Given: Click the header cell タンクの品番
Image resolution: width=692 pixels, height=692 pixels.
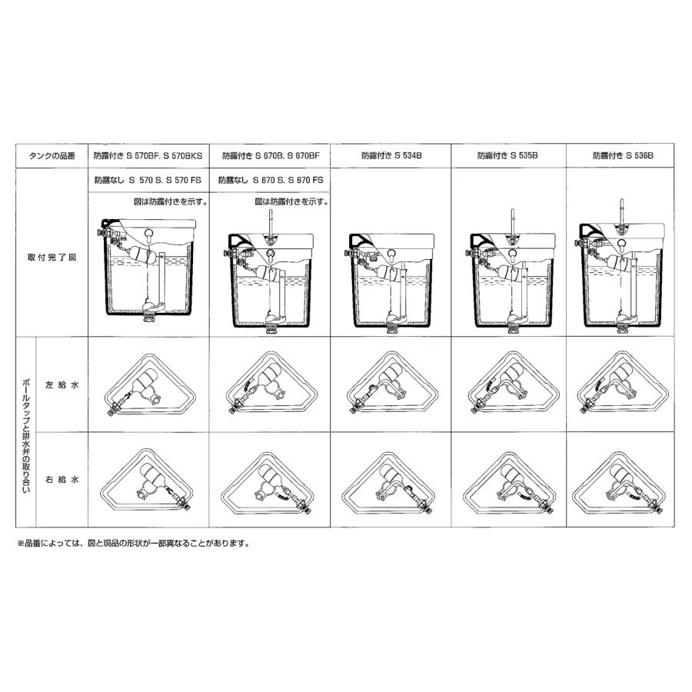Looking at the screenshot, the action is (x=52, y=156).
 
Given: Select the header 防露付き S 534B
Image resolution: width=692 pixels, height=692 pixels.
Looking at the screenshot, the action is (x=391, y=155).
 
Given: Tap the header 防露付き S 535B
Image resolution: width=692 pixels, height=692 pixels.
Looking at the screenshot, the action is (x=507, y=155).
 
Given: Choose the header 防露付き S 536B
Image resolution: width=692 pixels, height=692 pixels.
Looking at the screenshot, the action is (x=623, y=155).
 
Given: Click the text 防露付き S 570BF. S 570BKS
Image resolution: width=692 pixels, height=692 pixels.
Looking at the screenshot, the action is (x=148, y=155).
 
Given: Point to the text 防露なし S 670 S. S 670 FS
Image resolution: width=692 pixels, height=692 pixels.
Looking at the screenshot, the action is (x=271, y=180).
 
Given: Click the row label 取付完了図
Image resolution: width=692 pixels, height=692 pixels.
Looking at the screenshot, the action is (x=52, y=258).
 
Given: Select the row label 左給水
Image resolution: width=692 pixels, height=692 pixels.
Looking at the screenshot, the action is (x=62, y=385).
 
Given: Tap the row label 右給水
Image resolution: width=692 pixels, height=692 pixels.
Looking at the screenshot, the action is (x=62, y=479).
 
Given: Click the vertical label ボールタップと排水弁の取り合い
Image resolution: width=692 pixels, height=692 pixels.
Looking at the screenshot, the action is (x=26, y=434).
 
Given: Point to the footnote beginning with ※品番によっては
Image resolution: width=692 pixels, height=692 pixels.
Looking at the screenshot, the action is (x=134, y=544).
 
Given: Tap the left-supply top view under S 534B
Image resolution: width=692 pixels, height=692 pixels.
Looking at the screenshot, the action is (x=392, y=382).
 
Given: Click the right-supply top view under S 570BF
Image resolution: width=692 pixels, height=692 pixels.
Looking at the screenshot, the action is (x=148, y=480).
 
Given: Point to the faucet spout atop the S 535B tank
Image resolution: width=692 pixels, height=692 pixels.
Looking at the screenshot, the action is (x=512, y=222).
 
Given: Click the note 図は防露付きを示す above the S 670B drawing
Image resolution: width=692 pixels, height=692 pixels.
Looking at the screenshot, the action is (x=291, y=201).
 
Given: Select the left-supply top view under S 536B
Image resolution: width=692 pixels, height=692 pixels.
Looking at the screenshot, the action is (x=622, y=382).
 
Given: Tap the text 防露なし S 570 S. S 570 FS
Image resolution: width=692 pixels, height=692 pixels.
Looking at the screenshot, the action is (x=148, y=180).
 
